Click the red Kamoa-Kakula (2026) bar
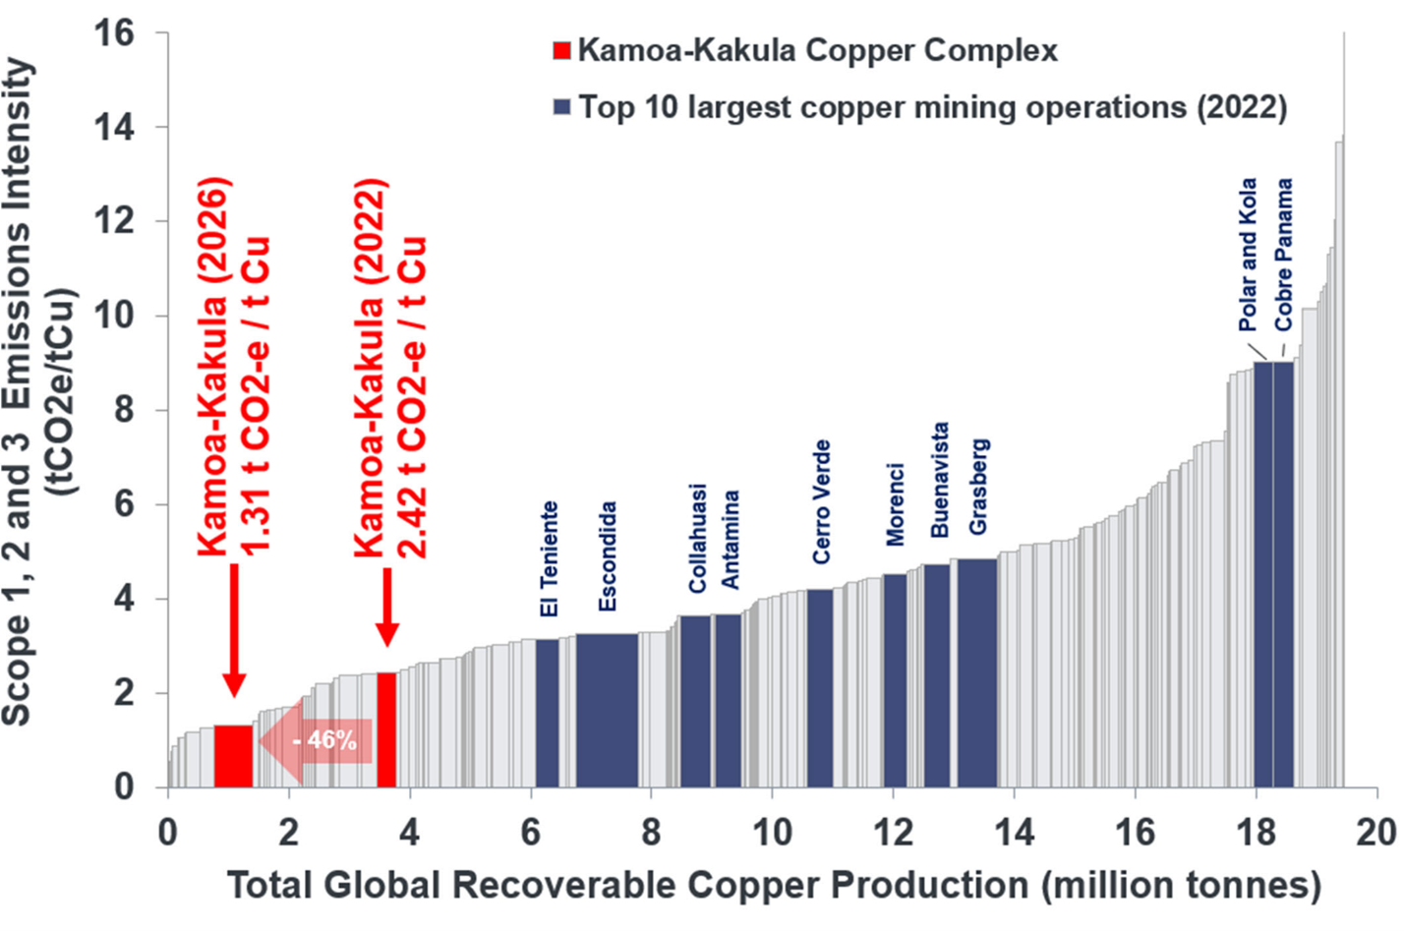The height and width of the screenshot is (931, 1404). click(233, 755)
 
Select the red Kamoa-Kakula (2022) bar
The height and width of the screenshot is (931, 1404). click(386, 729)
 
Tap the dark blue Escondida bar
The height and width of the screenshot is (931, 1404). click(607, 710)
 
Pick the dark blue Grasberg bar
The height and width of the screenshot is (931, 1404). click(977, 672)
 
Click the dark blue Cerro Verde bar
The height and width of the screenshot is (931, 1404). click(820, 687)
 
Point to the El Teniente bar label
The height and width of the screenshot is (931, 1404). click(549, 559)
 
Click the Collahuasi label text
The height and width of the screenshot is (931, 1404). click(697, 539)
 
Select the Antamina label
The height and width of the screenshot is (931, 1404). click(730, 540)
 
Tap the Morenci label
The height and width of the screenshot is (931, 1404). click(894, 504)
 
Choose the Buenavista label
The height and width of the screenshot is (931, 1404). click(939, 480)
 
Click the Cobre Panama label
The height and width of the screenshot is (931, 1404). click(1283, 255)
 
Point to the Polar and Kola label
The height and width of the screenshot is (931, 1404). click(1247, 255)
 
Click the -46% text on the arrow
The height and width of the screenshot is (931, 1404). click(324, 739)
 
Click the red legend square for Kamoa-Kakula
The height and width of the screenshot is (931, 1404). click(561, 50)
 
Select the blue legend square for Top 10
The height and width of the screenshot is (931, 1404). click(561, 106)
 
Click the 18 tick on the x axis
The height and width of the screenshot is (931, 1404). click(1256, 833)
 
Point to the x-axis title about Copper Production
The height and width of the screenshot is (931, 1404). click(774, 885)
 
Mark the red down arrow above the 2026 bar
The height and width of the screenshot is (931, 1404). click(233, 630)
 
